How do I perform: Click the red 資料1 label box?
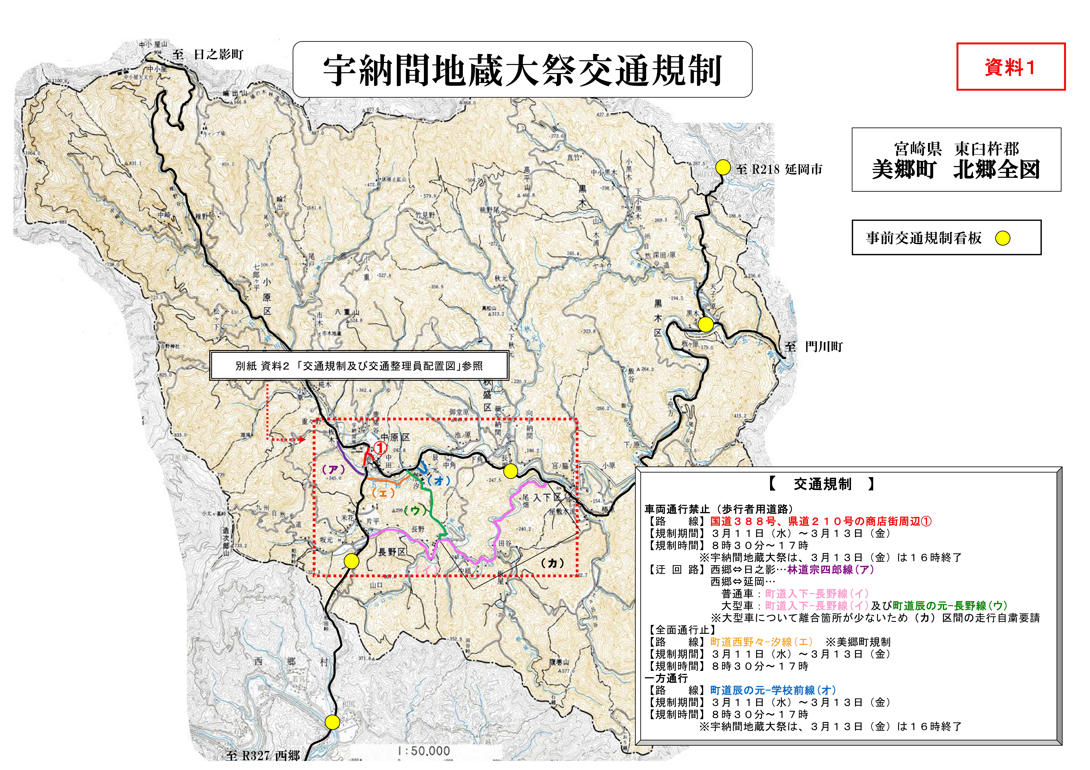point(1010,67)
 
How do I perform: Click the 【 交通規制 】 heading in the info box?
point(822,484)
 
